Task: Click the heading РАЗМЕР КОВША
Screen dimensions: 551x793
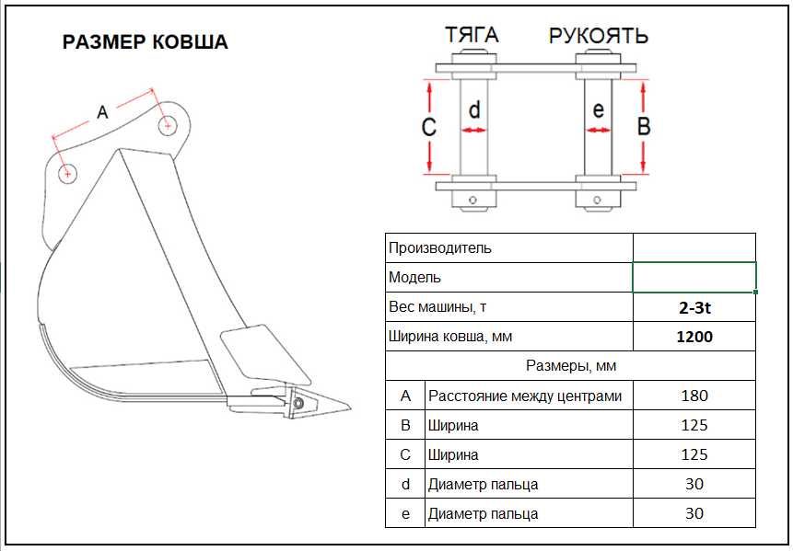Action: pos(145,42)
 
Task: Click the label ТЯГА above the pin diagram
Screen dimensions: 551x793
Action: pos(472,35)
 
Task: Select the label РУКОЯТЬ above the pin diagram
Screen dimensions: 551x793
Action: pos(599,36)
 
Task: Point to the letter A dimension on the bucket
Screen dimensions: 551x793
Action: pos(102,112)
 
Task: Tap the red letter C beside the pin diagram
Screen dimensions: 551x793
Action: pos(428,127)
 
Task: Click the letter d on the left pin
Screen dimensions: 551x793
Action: pos(474,111)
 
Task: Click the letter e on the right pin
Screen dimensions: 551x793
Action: pos(598,110)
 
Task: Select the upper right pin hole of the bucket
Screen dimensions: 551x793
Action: pos(168,125)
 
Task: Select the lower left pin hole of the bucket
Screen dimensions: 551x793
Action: pos(67,173)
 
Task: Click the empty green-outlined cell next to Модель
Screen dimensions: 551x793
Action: pos(694,277)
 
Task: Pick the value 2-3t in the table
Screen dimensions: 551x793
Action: pos(694,307)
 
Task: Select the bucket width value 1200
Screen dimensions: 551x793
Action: pos(694,337)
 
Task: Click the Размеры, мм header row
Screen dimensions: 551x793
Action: pos(570,366)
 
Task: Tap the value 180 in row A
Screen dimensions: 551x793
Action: pos(694,396)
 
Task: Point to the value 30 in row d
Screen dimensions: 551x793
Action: pos(694,484)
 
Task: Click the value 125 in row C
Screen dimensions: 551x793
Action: pos(694,454)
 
